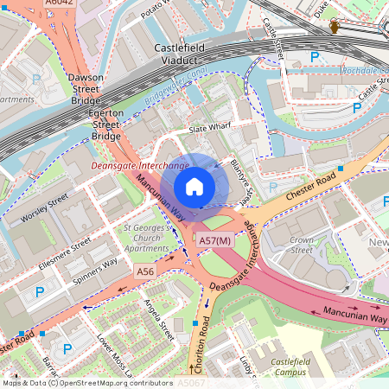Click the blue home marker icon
point(194,186)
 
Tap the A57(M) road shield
point(214,240)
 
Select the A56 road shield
point(145,271)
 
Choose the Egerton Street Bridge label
point(106,124)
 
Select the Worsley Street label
point(44,208)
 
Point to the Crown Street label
point(302,245)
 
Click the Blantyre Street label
point(241,178)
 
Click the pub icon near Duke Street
point(335,28)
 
